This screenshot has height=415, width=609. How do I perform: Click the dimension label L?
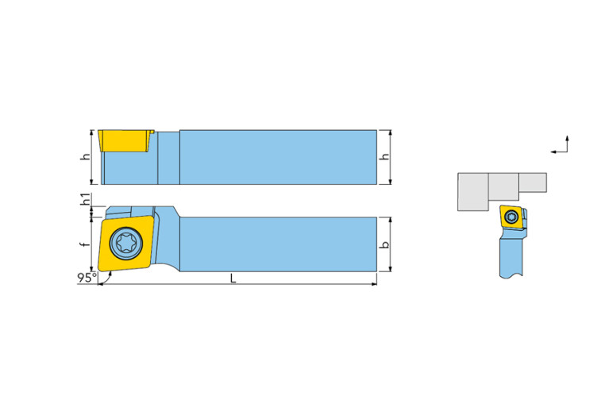tap(233, 278)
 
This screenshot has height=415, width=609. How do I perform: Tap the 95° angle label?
tap(86, 278)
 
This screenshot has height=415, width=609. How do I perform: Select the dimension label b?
tap(386, 245)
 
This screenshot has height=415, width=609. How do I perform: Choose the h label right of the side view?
tap(386, 157)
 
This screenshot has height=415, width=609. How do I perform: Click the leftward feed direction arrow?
tap(553, 150)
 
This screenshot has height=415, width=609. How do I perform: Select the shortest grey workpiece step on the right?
tap(534, 183)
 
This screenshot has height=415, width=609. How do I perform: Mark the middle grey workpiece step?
tap(503, 187)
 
